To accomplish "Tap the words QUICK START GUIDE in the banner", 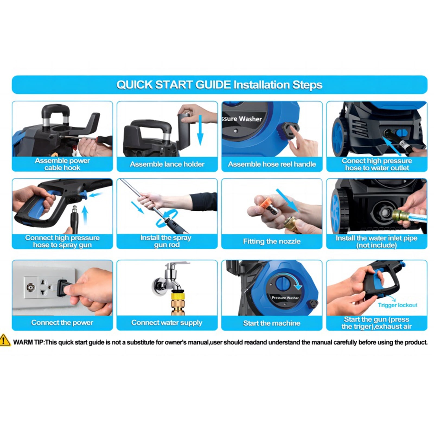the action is tap(174, 85).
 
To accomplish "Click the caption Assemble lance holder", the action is tap(167, 164).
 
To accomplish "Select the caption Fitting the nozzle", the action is tap(272, 241).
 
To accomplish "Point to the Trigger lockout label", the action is tap(398, 305).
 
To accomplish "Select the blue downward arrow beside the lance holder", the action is tap(200, 130).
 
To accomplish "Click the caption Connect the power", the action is tap(62, 323).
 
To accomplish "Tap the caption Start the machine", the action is tap(272, 323).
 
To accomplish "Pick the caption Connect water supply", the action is tap(167, 323).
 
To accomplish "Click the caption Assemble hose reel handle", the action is tap(272, 164).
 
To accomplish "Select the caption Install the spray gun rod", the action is tap(166, 241).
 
